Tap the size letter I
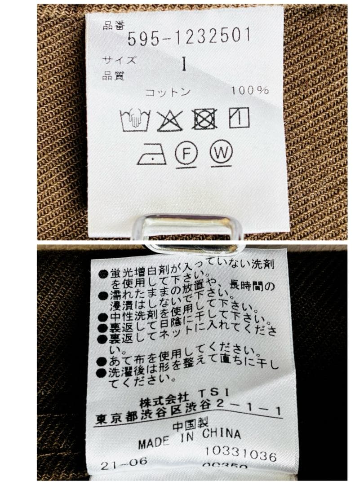point(184,64)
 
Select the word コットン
point(168,93)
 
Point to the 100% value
point(250,90)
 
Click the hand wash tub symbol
point(134,120)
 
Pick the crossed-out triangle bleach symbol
point(170,120)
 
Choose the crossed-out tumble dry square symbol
point(204,119)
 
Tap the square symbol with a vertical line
point(239,118)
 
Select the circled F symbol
point(185,154)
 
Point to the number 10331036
point(241,454)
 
